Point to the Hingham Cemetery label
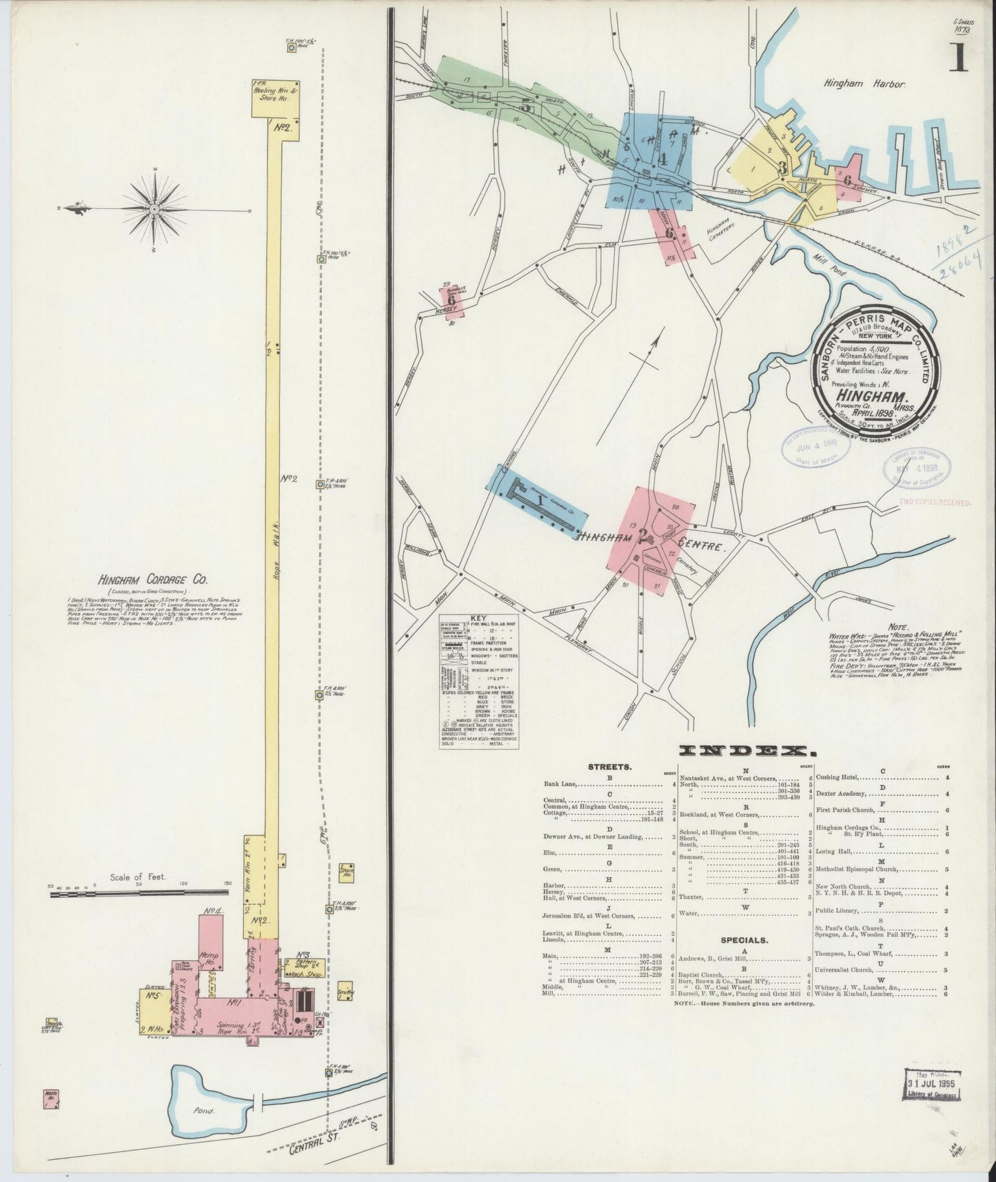724,234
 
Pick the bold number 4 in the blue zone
662,159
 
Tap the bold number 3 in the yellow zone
782,168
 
